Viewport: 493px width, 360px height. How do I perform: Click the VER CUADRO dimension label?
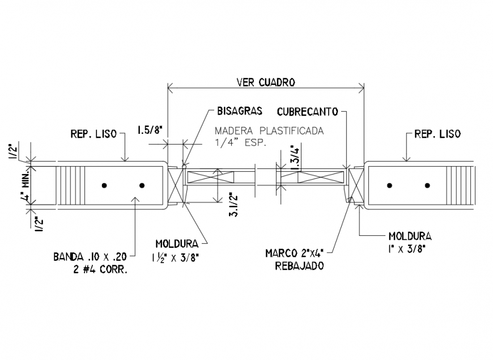[x=266, y=82]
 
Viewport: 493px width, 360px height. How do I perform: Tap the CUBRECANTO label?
[x=308, y=111]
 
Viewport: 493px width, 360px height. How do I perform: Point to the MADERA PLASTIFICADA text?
[x=269, y=130]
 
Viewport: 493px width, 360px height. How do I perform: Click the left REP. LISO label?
[x=93, y=134]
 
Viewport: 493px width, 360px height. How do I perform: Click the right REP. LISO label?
[x=437, y=134]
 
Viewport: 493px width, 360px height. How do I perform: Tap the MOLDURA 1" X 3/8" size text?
[x=408, y=248]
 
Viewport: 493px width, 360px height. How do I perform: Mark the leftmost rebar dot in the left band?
[x=104, y=185]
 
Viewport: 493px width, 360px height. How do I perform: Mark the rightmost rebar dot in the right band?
[x=427, y=185]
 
